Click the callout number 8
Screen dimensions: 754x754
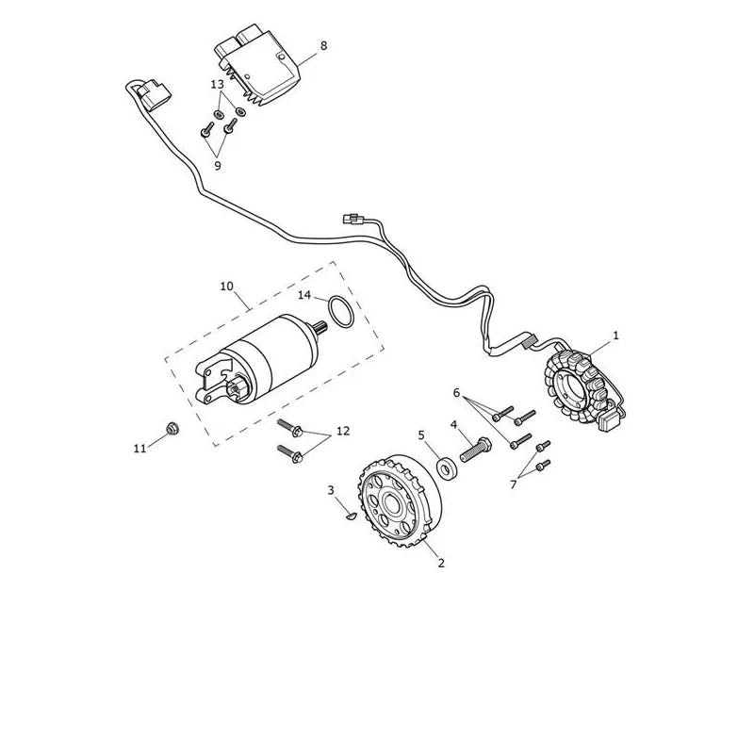pos(323,45)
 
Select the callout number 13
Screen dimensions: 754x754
pos(218,85)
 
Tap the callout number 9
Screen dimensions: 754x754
pos(218,166)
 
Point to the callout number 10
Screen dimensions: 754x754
pos(227,287)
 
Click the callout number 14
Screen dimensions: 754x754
pos(304,295)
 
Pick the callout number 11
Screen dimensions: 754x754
pos(139,449)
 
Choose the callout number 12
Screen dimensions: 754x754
pos(343,432)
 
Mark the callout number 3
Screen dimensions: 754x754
pos(331,490)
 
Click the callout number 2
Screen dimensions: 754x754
pos(441,563)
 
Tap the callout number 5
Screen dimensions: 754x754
pos(421,435)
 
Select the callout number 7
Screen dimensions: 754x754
pos(513,484)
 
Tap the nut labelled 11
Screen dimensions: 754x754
pos(172,428)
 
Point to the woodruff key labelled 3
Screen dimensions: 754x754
pos(351,516)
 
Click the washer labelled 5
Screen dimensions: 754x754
pos(446,467)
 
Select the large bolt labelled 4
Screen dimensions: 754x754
pos(476,450)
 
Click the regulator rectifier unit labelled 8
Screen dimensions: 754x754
pos(256,66)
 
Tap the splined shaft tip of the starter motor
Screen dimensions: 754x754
pos(321,328)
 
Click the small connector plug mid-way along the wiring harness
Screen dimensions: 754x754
pos(352,219)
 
